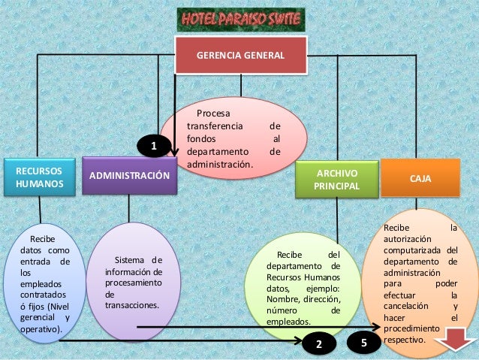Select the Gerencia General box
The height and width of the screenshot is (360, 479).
(240, 56)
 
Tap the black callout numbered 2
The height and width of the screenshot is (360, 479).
(318, 344)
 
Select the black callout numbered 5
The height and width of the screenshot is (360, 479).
(365, 343)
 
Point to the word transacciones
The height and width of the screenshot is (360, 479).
(132, 306)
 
